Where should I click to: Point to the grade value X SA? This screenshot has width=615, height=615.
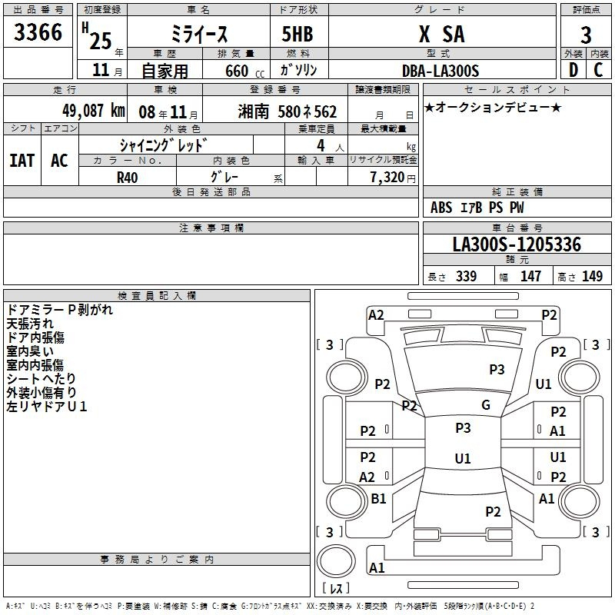440,34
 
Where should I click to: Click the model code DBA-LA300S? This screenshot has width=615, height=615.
440,71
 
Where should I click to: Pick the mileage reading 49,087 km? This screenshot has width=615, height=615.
93,111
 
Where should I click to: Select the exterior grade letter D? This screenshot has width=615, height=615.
572,70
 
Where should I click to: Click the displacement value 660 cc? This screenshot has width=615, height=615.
235,71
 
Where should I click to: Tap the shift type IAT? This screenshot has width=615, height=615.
22,160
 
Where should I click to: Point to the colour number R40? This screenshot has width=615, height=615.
128,177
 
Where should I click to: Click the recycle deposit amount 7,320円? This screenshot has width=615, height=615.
392,177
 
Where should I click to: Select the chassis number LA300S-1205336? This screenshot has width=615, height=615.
517,244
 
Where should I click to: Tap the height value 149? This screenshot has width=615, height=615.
593,277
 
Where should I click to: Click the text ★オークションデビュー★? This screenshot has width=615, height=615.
493,107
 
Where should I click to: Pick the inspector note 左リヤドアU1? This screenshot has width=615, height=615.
47,406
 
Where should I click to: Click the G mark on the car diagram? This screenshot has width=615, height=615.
485,405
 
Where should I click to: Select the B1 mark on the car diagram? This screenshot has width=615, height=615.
378,499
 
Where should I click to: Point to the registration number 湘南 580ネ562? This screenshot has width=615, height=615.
288,111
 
